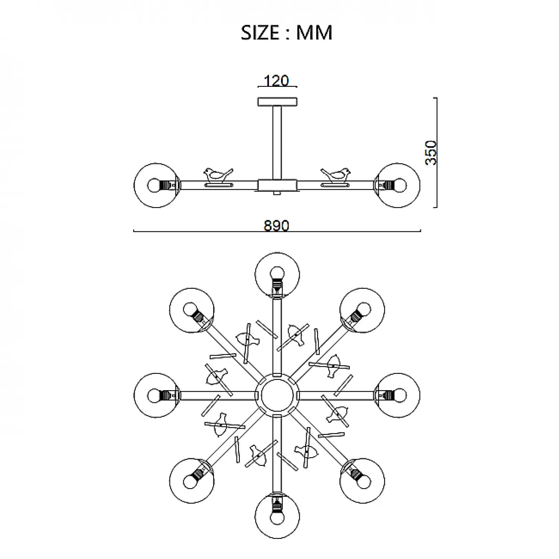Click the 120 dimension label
[x=276, y=81]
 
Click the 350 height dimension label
[x=431, y=152]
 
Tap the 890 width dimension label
[x=277, y=226]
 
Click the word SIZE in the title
[x=260, y=32]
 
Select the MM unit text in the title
[x=314, y=32]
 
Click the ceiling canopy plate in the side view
[x=278, y=101]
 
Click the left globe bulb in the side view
[x=156, y=185]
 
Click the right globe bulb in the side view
[x=398, y=185]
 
